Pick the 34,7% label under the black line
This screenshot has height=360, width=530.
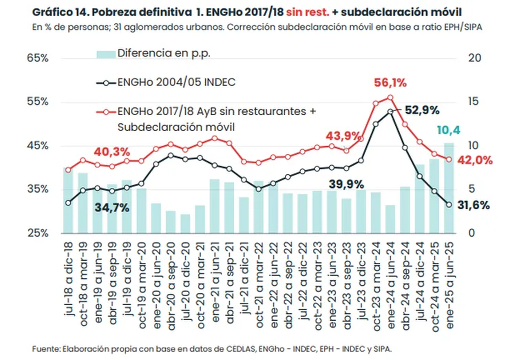point(111,208)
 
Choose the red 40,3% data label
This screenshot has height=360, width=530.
point(111,152)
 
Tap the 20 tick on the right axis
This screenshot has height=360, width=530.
point(472,58)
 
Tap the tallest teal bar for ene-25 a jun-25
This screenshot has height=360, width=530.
point(449,190)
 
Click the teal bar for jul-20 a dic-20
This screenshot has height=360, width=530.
point(185,224)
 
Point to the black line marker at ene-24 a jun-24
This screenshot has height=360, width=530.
point(390,112)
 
